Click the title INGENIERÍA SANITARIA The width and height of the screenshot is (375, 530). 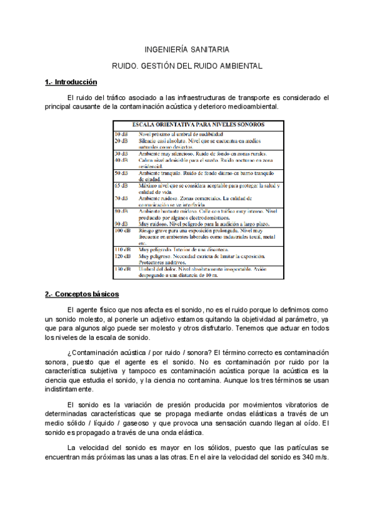(187, 49)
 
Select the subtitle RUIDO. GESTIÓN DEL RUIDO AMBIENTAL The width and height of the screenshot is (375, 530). (187, 65)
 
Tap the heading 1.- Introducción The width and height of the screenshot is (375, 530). (71, 82)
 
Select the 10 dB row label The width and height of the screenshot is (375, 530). (121, 134)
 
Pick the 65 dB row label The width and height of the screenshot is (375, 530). (121, 186)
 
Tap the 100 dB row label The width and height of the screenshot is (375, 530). (122, 230)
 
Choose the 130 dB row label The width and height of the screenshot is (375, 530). (122, 269)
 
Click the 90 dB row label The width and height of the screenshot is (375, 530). (121, 222)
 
